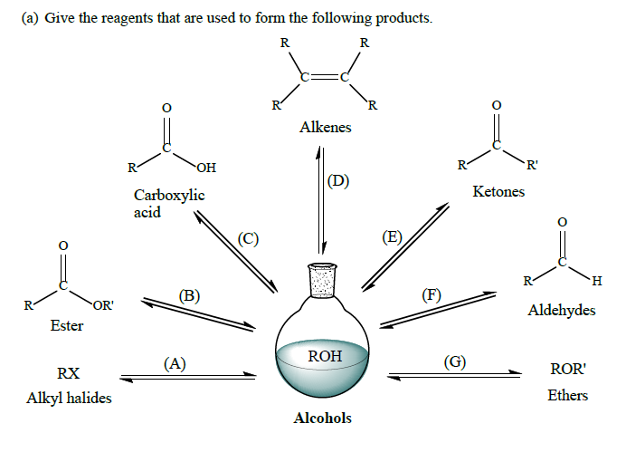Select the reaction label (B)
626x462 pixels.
pyautogui.click(x=189, y=295)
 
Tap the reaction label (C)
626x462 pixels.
pyautogui.click(x=248, y=239)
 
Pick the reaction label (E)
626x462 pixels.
pyautogui.click(x=392, y=237)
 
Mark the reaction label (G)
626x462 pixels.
pyautogui.click(x=455, y=362)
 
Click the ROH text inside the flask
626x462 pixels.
pyautogui.click(x=325, y=356)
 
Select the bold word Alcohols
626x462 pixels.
pyautogui.click(x=323, y=419)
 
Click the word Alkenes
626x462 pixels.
pyautogui.click(x=325, y=128)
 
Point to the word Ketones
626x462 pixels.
pyautogui.click(x=498, y=192)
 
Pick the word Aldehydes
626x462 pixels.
pyautogui.click(x=561, y=311)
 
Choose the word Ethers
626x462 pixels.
pyautogui.click(x=567, y=395)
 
